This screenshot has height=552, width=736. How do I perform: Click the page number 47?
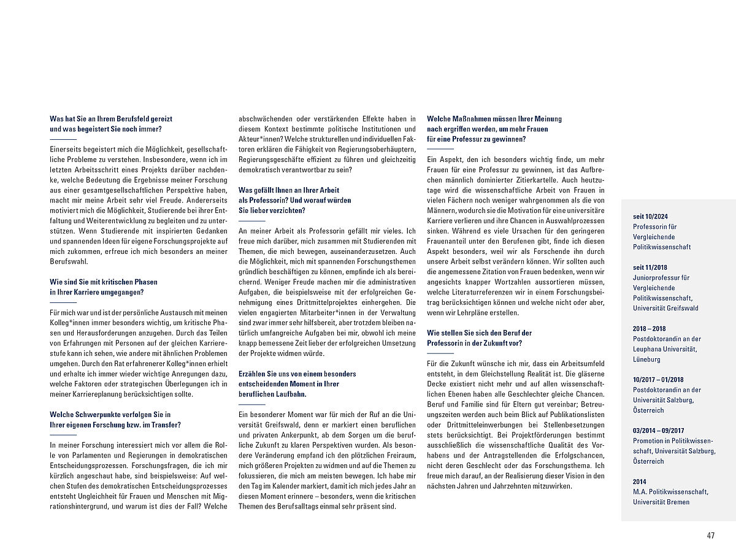click(x=710, y=535)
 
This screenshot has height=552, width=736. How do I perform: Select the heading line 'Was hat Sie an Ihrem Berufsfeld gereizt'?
click(x=111, y=119)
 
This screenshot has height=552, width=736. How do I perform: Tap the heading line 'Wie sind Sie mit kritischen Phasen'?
click(x=104, y=282)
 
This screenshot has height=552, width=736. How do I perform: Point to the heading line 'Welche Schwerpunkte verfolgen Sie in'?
click(x=110, y=415)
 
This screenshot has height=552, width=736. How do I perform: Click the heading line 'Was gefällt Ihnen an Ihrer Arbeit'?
click(x=288, y=190)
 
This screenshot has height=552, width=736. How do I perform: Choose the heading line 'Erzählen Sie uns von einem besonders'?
click(x=297, y=374)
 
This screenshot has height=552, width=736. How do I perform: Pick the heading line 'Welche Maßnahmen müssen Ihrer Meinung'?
click(x=494, y=119)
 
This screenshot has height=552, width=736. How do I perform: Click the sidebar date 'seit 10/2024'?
click(x=651, y=216)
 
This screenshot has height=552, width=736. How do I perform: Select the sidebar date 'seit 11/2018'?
click(x=650, y=267)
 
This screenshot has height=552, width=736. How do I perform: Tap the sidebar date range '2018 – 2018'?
click(x=649, y=328)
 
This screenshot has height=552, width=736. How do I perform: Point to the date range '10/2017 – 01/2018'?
click(x=659, y=380)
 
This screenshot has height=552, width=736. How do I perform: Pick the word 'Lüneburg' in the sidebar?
click(x=648, y=359)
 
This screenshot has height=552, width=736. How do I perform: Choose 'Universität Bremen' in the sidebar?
click(x=661, y=502)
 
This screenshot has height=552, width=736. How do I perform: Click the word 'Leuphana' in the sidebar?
click(x=648, y=349)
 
